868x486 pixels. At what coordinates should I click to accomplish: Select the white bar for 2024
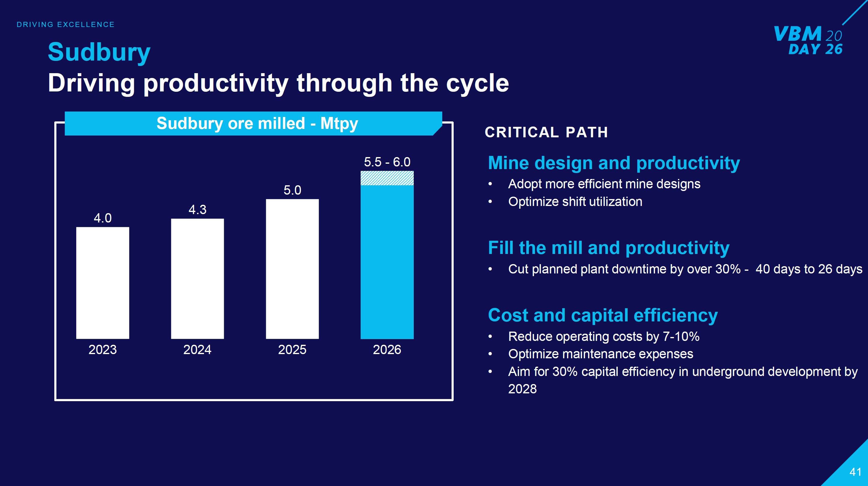[197, 279]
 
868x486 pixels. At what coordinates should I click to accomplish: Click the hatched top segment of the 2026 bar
[387, 178]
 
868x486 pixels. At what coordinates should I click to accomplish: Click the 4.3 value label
[197, 210]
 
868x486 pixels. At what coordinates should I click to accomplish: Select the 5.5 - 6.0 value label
[387, 162]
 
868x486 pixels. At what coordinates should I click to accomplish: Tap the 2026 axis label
[387, 350]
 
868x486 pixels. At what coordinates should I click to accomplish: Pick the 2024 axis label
[197, 350]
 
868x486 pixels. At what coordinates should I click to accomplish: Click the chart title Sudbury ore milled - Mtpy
[257, 123]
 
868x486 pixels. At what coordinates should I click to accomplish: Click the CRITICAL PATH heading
[546, 132]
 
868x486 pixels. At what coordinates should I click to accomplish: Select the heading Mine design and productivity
[614, 163]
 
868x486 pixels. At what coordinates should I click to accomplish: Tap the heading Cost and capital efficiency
[602, 315]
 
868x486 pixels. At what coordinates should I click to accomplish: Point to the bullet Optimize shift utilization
[575, 202]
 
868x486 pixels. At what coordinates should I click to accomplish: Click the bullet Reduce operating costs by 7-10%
[603, 336]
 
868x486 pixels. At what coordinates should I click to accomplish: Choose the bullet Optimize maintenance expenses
[600, 354]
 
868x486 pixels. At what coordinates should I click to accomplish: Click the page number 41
[855, 472]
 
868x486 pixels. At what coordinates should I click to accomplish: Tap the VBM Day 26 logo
[808, 40]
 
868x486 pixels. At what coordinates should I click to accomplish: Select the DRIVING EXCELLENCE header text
[66, 25]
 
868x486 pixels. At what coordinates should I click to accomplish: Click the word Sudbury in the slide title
[99, 52]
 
